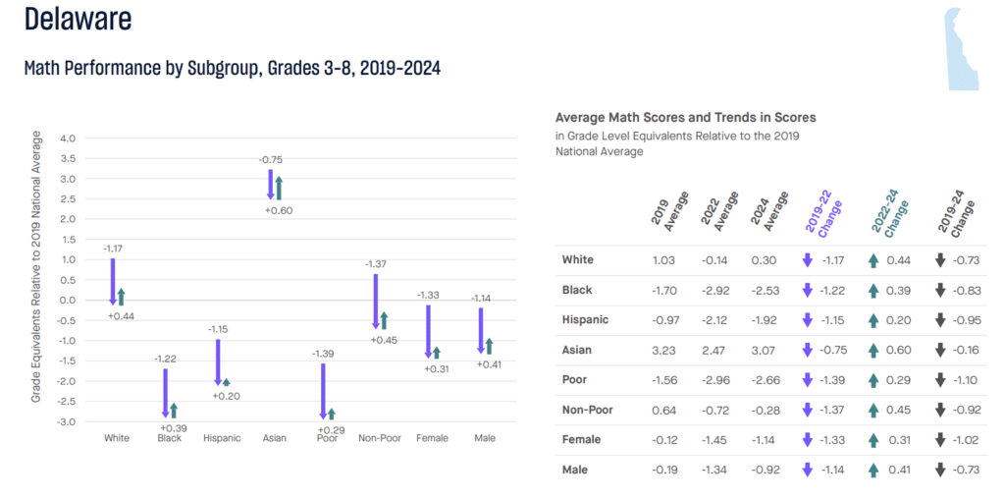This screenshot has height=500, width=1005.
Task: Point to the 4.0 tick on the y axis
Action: click(68, 139)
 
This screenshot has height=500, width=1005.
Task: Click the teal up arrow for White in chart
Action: click(121, 297)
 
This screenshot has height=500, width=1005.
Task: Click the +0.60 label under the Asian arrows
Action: click(277, 210)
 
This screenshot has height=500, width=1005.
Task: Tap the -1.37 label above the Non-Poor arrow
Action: click(376, 264)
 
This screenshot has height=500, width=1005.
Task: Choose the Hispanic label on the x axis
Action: click(222, 438)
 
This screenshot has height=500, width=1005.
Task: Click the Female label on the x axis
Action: click(432, 438)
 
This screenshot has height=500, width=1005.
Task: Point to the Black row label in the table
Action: click(576, 290)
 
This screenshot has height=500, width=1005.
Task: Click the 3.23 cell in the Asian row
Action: click(663, 350)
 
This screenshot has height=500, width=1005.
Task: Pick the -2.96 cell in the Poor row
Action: click(714, 379)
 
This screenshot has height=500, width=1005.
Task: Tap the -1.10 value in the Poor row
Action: click(967, 379)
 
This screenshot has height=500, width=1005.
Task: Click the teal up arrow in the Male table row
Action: click(873, 470)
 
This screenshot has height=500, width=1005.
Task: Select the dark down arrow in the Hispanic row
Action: click(939, 319)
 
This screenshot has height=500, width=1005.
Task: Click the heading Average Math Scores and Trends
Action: click(685, 118)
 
